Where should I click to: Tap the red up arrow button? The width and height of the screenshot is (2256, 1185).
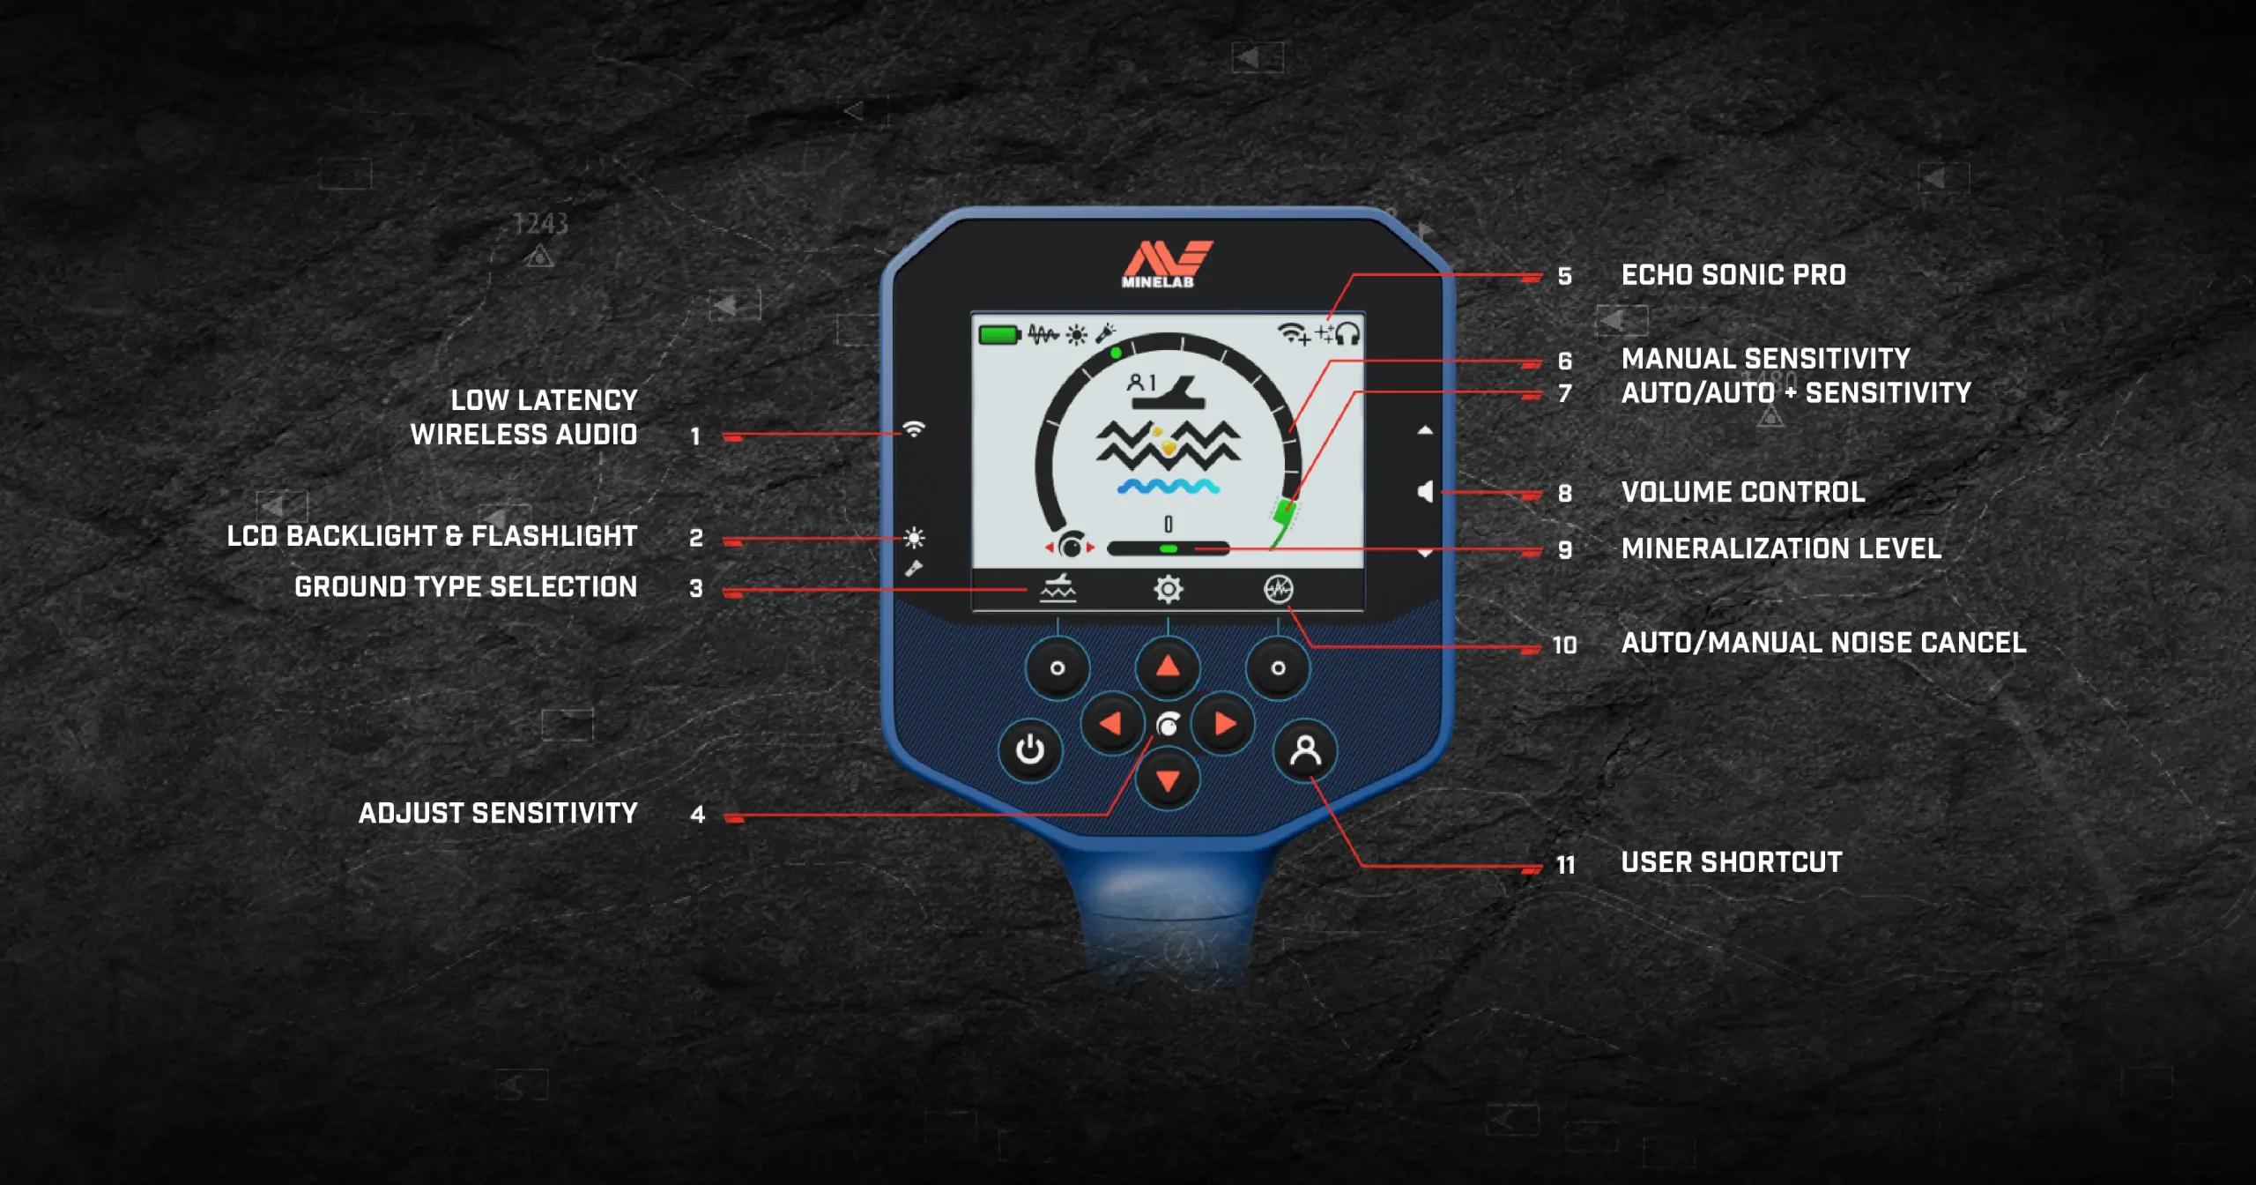coord(1168,667)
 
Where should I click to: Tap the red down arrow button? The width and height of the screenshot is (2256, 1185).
coord(1168,780)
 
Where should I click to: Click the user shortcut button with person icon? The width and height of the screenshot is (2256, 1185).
coord(1305,751)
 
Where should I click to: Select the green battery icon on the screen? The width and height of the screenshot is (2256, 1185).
coord(999,335)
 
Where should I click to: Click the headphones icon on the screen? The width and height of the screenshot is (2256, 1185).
coord(1347,334)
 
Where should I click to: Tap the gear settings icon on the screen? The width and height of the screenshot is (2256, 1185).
coord(1169,589)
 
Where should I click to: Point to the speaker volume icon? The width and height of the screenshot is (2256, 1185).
coord(1425,492)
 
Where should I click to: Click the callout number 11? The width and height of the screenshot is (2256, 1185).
coord(1565,865)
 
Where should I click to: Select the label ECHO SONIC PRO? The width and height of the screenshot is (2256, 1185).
coord(1733,275)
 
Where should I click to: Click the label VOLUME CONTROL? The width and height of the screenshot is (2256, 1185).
coord(1743,492)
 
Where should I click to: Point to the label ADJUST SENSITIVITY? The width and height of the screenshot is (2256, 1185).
coord(498,813)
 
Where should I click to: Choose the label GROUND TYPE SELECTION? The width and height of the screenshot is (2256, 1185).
coord(465,587)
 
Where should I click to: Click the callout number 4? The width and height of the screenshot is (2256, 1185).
coord(697,815)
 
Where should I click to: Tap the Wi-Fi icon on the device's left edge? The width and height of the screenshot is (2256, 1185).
coord(914,429)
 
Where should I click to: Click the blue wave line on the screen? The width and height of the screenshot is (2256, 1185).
coord(1169,487)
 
